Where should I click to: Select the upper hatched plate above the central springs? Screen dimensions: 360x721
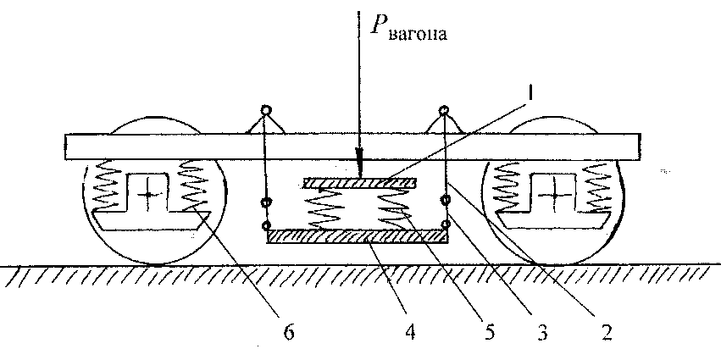359,182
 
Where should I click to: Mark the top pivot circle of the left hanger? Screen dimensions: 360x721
266,111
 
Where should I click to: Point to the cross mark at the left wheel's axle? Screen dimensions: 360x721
149,195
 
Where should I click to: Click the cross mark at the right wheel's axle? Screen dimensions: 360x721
555,195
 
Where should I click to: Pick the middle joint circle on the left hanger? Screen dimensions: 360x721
266,202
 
